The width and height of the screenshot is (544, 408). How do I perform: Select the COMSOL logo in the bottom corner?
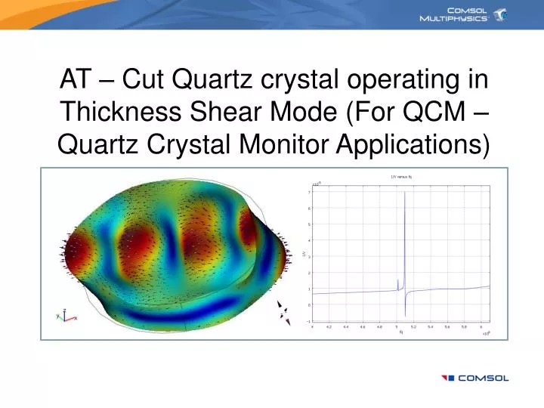[x=475, y=378]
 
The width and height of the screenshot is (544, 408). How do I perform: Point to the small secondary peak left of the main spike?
[x=397, y=280]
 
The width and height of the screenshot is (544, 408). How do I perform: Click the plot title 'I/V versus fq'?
[x=400, y=177]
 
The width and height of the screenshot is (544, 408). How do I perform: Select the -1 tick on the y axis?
[x=308, y=321]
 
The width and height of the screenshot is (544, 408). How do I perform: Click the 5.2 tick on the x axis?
[x=414, y=327]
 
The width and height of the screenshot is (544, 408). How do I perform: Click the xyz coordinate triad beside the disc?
[x=64, y=315]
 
